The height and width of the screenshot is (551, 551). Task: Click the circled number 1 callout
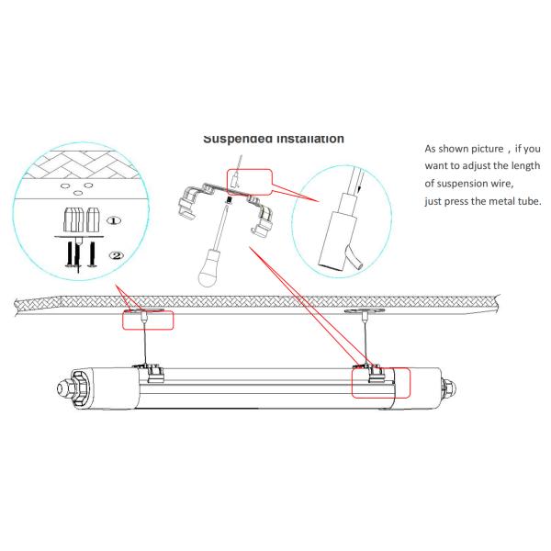[x=114, y=221]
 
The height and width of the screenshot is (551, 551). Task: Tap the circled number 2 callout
[x=114, y=254]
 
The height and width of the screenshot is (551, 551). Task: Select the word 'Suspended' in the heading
[x=242, y=139]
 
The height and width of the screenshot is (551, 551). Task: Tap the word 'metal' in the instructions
[x=496, y=201]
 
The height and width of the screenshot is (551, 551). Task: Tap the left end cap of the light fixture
[x=75, y=382]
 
